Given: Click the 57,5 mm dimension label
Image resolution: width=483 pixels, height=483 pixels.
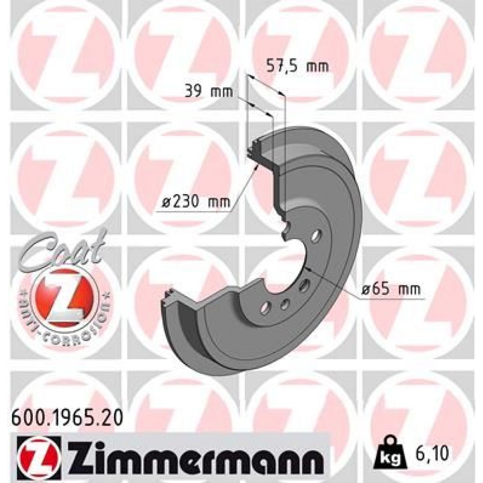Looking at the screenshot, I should click(x=298, y=66).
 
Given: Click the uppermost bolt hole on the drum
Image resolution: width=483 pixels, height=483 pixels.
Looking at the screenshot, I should click(x=316, y=236).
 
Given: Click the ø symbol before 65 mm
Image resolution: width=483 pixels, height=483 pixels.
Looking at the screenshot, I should click(x=366, y=290).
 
